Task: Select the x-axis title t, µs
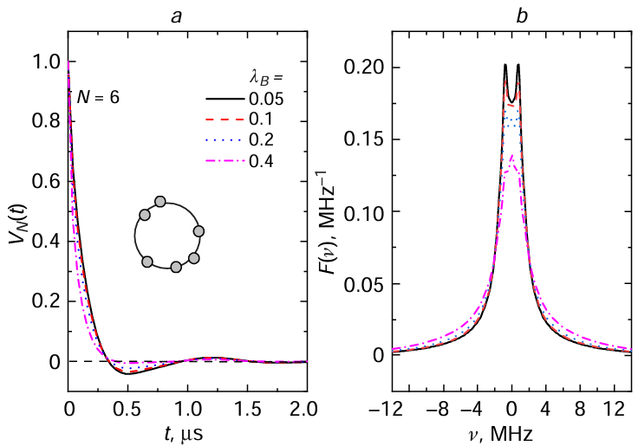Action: point(186,430)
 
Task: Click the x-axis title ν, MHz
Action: point(511,430)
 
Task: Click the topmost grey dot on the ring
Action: point(159,202)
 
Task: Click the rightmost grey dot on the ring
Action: point(199,231)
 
